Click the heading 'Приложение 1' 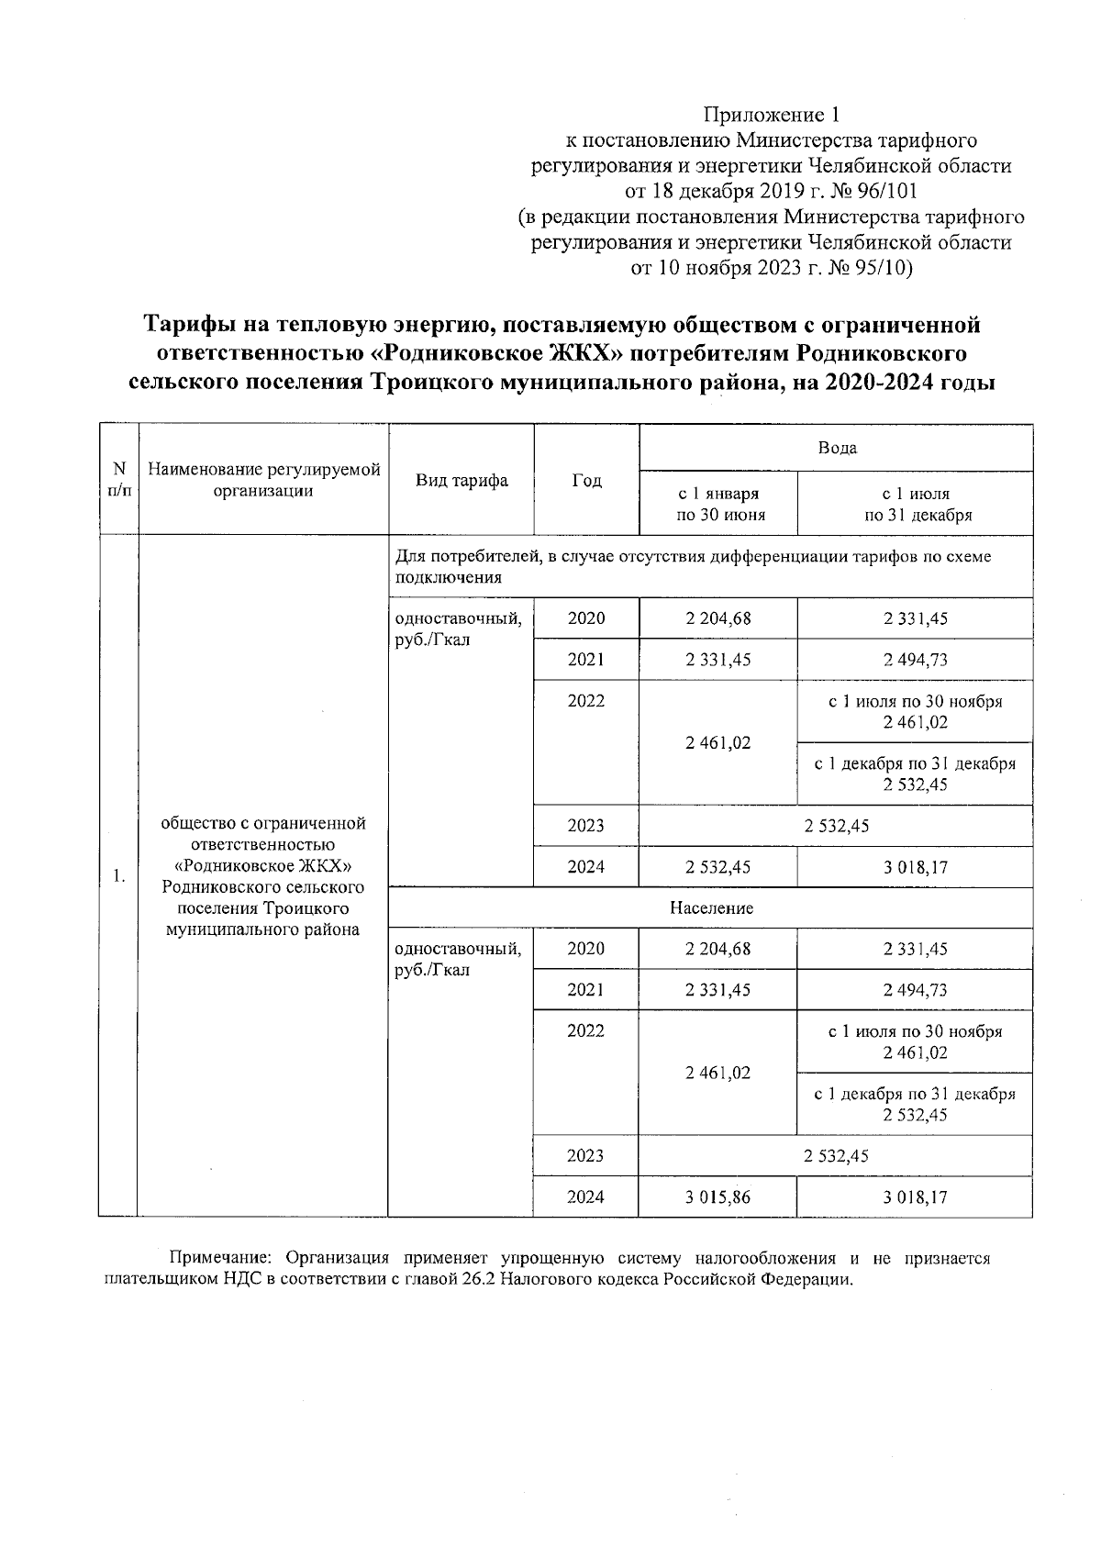[771, 115]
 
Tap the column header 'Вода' [836, 448]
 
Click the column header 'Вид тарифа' [462, 480]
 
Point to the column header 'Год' [586, 480]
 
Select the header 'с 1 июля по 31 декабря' [916, 504]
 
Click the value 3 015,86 [717, 1197]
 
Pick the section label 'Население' [711, 908]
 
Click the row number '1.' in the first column [118, 876]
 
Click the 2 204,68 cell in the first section [717, 618]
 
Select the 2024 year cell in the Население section [585, 1197]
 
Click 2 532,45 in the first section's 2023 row [836, 826]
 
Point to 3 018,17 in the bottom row [915, 1197]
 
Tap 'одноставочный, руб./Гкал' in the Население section [458, 960]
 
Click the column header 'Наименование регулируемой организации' [264, 480]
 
